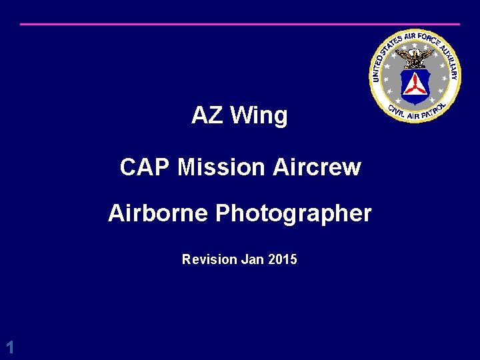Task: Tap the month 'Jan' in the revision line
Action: tap(253, 259)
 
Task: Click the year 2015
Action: tap(283, 259)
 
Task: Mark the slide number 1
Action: tap(9, 347)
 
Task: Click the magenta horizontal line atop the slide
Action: tap(240, 24)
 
